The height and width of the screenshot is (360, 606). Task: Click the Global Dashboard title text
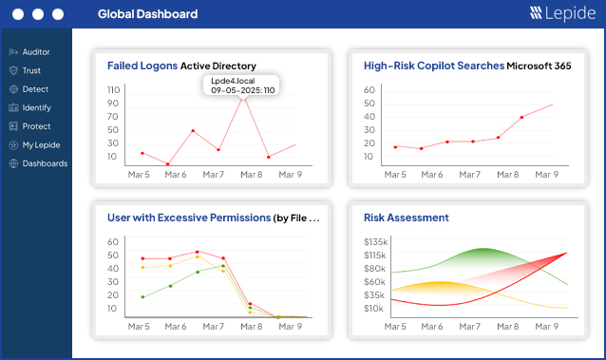[147, 14]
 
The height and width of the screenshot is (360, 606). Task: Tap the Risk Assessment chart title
[406, 218]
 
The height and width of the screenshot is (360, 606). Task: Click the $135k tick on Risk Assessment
[374, 241]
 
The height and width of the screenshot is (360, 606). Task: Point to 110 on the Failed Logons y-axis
[113, 89]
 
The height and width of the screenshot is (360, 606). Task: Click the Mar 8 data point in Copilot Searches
[521, 118]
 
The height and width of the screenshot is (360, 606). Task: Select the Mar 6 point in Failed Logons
[167, 164]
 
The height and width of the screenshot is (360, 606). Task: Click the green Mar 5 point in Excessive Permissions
[142, 296]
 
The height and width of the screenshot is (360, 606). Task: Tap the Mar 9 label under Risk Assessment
[546, 326]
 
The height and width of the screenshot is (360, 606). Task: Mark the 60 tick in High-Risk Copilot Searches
[370, 89]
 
